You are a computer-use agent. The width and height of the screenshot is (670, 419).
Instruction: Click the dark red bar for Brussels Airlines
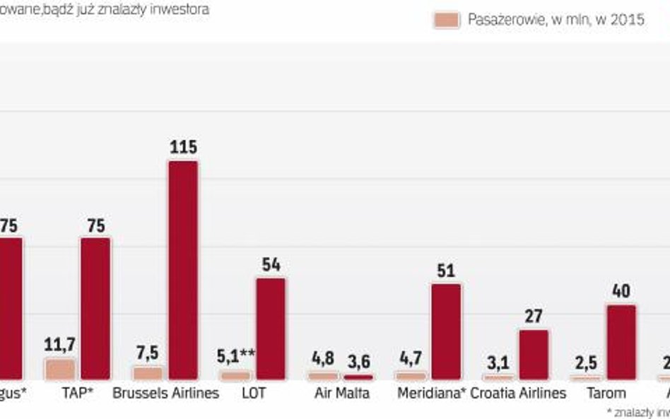(x=183, y=270)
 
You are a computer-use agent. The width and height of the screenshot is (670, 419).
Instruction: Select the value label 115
(x=183, y=148)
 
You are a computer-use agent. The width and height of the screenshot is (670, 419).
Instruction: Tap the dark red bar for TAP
(x=95, y=308)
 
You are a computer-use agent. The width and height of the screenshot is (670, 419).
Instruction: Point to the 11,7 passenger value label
(x=61, y=346)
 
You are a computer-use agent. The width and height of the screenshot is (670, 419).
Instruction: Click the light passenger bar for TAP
(x=61, y=369)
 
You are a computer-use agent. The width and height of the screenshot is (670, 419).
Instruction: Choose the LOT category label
(x=253, y=393)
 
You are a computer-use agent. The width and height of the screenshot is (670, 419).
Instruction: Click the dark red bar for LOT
(x=271, y=329)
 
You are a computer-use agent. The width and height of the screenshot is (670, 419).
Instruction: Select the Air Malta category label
(x=341, y=393)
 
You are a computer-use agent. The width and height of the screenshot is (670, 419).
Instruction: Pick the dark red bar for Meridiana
(x=446, y=331)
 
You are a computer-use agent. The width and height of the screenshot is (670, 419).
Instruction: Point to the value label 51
(x=446, y=271)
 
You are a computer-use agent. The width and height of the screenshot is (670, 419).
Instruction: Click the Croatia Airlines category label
(x=518, y=393)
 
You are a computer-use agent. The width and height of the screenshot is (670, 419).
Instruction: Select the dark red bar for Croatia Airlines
(x=534, y=355)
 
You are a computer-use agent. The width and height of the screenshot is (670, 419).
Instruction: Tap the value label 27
(x=534, y=315)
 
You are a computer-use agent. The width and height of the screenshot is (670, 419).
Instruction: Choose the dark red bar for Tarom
(x=621, y=343)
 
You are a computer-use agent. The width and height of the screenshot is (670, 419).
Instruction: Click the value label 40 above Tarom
(x=621, y=291)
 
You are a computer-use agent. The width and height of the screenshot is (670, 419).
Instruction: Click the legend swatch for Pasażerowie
(x=447, y=20)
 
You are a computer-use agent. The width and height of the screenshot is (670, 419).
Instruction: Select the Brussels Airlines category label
(x=166, y=393)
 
